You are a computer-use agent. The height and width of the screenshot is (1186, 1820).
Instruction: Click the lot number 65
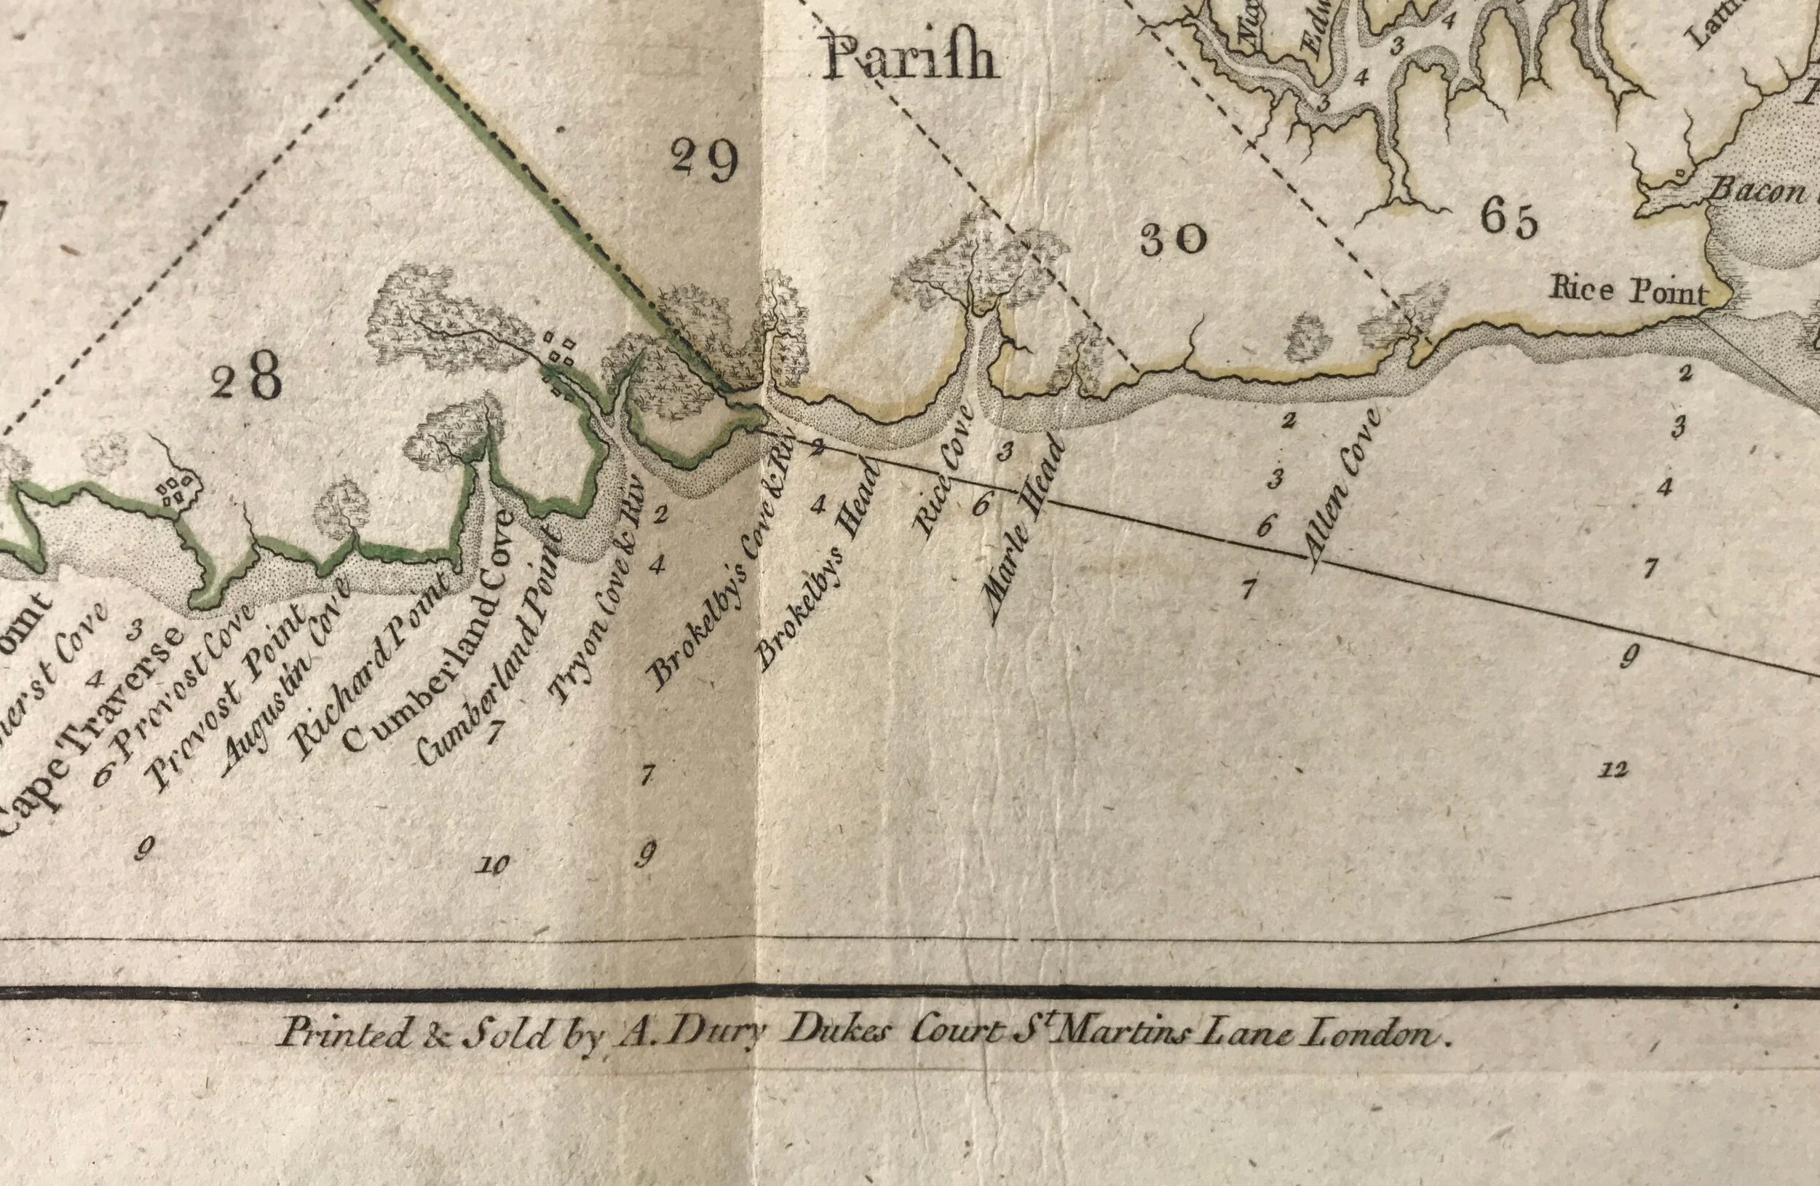coord(1507,221)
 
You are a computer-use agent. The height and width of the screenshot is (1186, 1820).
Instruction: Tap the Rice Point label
coord(1627,291)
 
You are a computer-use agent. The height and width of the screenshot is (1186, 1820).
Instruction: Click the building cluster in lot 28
coord(177,490)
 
